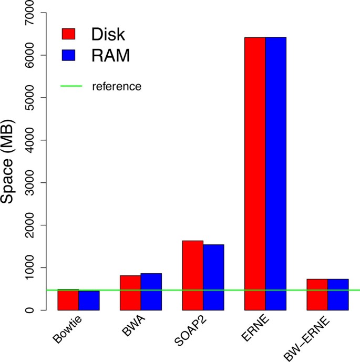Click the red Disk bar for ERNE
tap(255, 173)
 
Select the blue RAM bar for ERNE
tap(275, 173)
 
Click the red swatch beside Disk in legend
tap(69, 34)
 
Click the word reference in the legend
tap(116, 86)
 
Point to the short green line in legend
tap(71, 86)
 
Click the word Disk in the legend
tap(108, 34)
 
